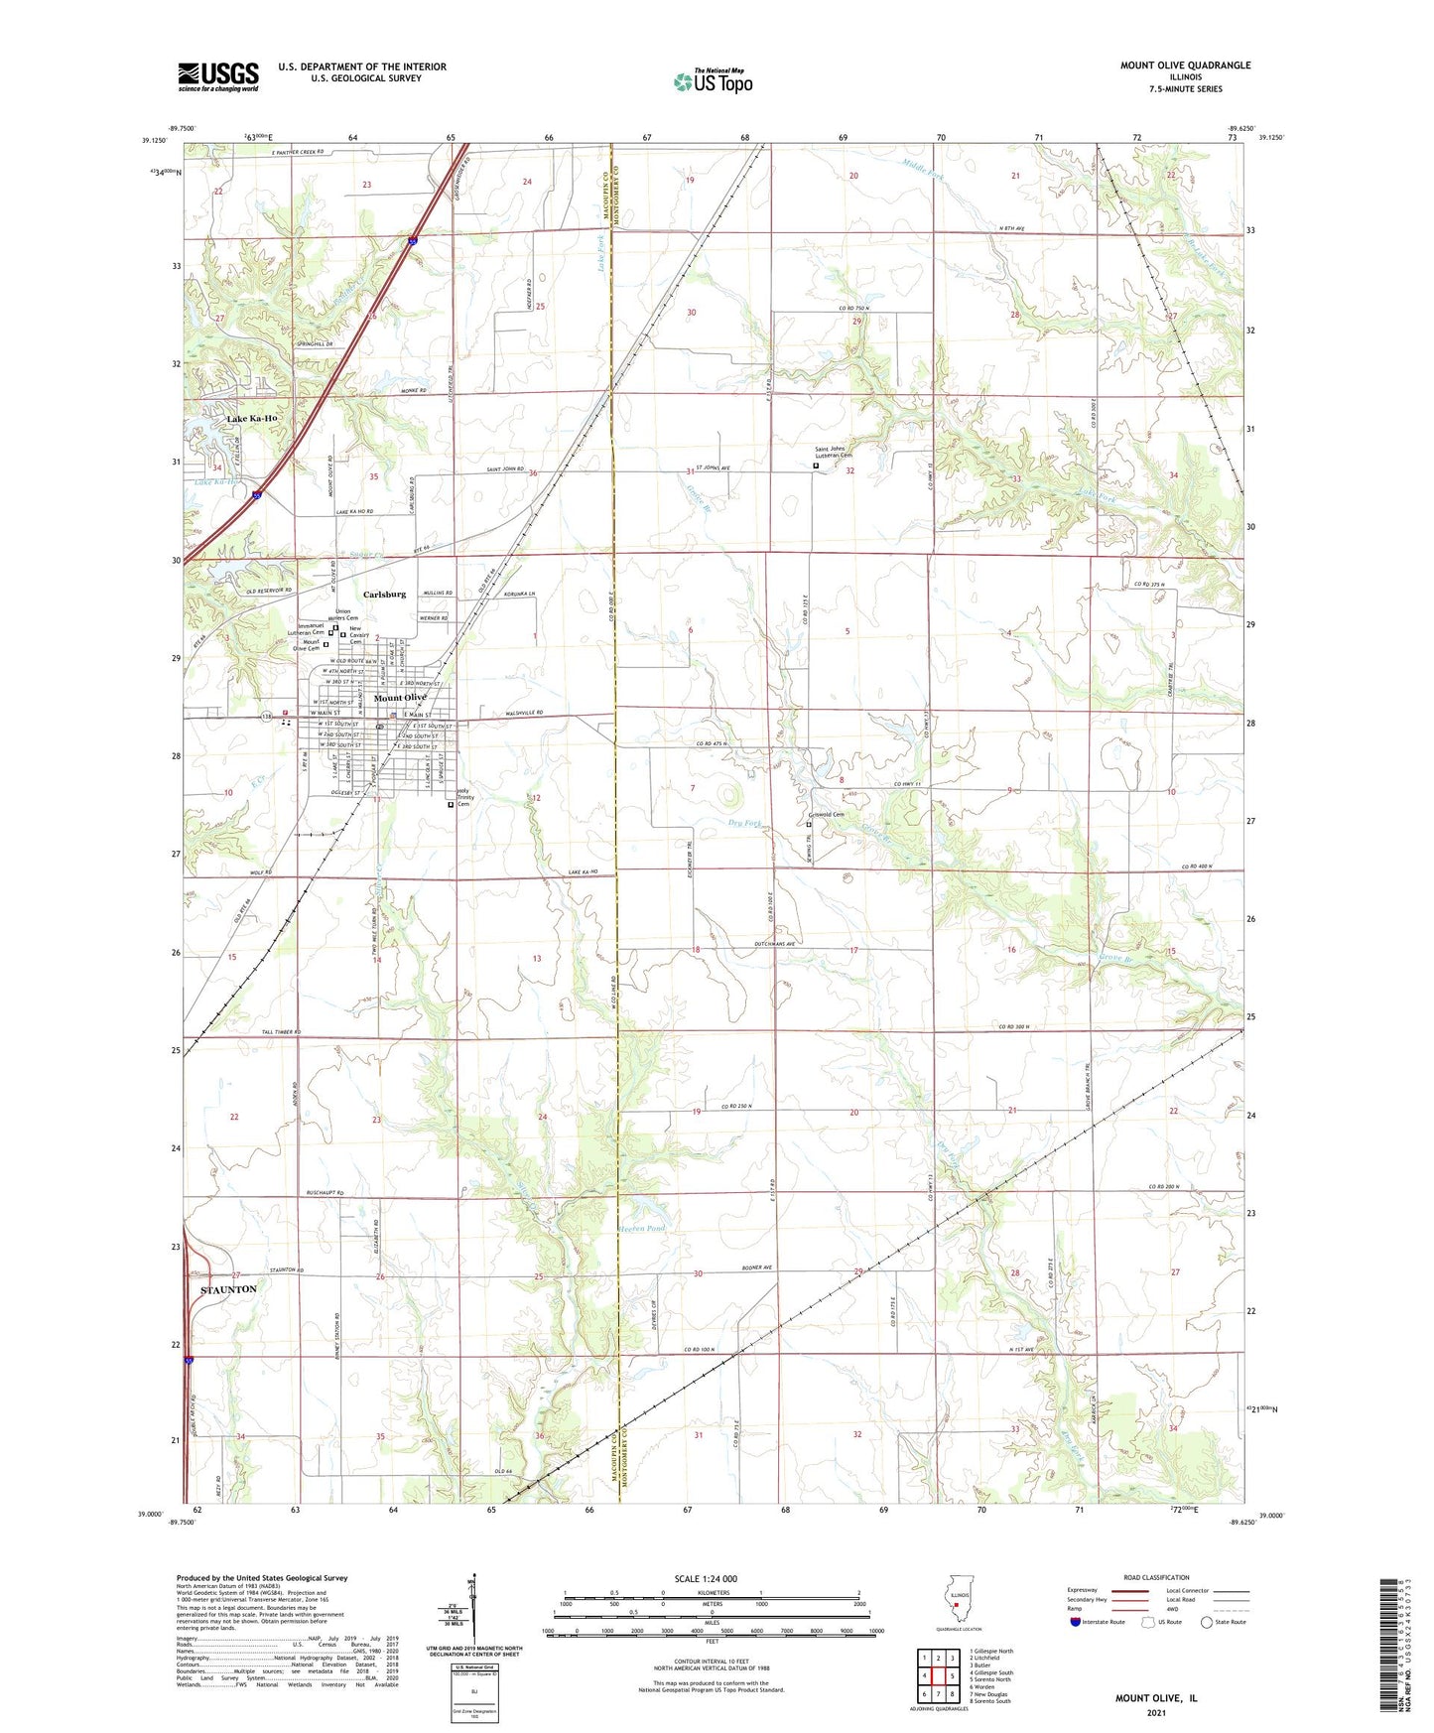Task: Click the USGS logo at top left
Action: (x=218, y=76)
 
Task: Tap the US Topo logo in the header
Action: (x=713, y=81)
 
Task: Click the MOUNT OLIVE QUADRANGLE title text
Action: (x=1185, y=66)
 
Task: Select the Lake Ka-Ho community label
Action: (x=252, y=419)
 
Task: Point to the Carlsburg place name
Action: (x=384, y=595)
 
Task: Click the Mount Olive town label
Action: (x=400, y=698)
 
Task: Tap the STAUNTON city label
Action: (x=229, y=1289)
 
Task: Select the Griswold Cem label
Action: (x=826, y=815)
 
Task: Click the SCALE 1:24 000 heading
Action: (x=706, y=1578)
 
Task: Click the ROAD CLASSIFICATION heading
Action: (x=1156, y=1577)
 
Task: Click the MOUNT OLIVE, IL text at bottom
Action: (x=1155, y=1698)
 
